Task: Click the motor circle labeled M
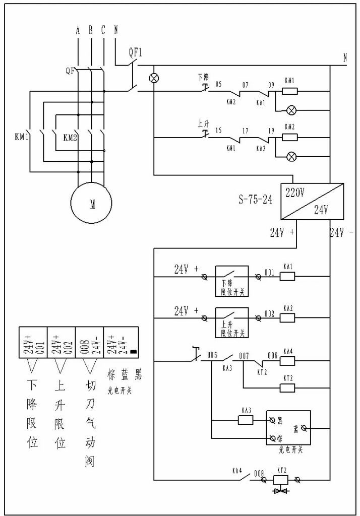click(x=92, y=204)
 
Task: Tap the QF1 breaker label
click(x=136, y=52)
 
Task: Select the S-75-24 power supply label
click(x=255, y=200)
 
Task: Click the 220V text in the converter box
click(x=294, y=192)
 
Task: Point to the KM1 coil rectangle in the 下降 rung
click(x=289, y=91)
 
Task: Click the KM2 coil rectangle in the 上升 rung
click(x=289, y=137)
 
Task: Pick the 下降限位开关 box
click(x=232, y=281)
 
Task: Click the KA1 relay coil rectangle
click(x=287, y=276)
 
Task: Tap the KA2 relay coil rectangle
click(x=287, y=318)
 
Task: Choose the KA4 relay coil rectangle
click(x=287, y=361)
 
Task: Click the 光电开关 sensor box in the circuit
click(x=288, y=427)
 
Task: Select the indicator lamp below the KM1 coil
click(x=291, y=110)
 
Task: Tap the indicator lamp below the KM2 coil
click(x=291, y=156)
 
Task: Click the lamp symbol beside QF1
click(x=154, y=79)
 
